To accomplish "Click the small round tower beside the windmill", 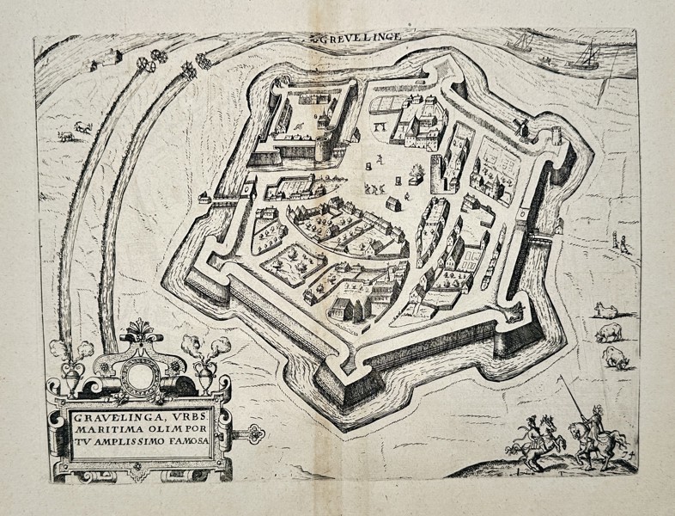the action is coord(556,135).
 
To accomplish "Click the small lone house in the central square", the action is coord(394,204).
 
